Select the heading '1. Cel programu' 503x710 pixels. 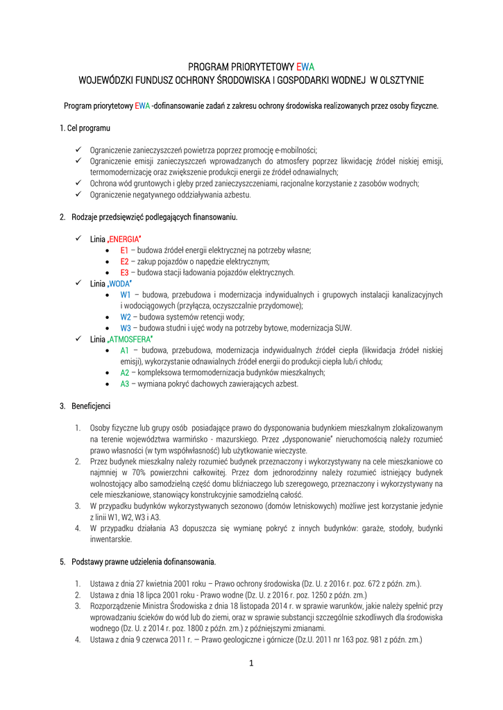coord(85,128)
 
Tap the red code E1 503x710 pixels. coord(125,250)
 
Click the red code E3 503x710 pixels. coord(125,272)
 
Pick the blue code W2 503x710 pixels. coord(126,317)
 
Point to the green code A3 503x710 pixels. coord(125,383)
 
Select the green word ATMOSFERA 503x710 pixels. coord(131,339)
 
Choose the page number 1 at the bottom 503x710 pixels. coord(251,663)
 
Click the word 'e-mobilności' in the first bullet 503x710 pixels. coord(296,150)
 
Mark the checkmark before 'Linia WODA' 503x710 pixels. coord(78,284)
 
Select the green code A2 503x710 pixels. coord(125,372)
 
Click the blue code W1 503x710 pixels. coord(126,295)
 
